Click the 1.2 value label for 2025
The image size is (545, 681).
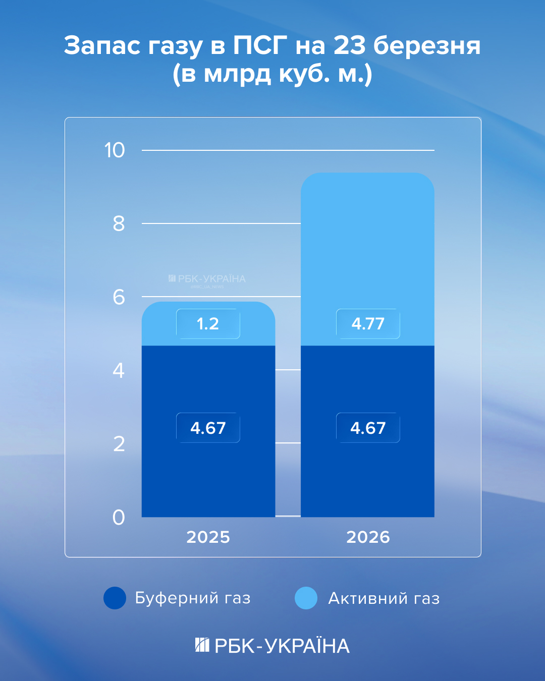tap(208, 324)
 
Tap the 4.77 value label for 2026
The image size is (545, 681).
tap(368, 324)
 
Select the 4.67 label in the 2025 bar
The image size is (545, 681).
tap(208, 428)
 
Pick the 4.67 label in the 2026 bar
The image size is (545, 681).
tap(368, 428)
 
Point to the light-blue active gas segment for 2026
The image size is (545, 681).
tap(367, 242)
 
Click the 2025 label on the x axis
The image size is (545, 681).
tap(208, 537)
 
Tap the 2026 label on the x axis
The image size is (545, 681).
tap(368, 537)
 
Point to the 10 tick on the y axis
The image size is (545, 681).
tap(115, 150)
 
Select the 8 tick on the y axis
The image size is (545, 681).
tap(119, 223)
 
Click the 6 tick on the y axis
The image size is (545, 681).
tap(119, 297)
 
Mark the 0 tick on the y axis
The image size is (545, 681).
tap(119, 518)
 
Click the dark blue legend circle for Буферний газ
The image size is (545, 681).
tap(115, 598)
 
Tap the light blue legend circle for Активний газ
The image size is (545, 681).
tap(306, 598)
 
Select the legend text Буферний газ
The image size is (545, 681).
tap(193, 598)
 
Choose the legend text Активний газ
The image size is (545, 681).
tap(384, 598)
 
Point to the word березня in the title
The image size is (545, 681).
tap(427, 45)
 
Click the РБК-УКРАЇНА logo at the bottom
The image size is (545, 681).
tap(272, 646)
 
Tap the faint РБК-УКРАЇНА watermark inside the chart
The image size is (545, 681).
tap(207, 279)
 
